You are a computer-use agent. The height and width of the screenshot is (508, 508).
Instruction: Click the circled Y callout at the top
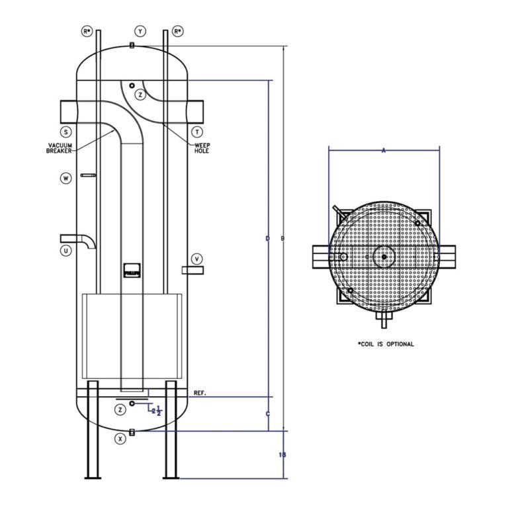[x=140, y=31]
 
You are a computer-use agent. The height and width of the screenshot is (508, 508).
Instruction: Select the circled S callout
[x=66, y=132]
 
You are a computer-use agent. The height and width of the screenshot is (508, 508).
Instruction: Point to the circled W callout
[x=66, y=178]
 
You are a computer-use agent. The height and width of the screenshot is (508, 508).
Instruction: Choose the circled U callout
[x=66, y=250]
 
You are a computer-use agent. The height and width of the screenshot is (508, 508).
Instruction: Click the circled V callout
[x=196, y=258]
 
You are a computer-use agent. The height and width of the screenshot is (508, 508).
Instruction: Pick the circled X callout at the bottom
[x=120, y=439]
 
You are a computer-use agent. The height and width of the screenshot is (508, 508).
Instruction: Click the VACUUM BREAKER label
[x=60, y=148]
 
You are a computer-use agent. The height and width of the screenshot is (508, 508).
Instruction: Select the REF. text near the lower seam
[x=200, y=394]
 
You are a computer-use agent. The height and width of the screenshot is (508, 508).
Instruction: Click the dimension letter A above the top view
[x=384, y=150]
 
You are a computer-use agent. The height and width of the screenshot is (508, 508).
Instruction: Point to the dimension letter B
[x=284, y=238]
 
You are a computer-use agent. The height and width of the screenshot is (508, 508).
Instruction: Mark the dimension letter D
[x=267, y=238]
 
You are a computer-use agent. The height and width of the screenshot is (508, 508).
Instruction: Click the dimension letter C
[x=267, y=414]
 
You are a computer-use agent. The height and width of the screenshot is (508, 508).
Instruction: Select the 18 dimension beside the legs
[x=282, y=454]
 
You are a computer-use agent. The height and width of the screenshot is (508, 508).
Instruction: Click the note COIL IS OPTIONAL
[x=386, y=344]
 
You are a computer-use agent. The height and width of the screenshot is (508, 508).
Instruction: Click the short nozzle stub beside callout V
[x=192, y=270]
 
